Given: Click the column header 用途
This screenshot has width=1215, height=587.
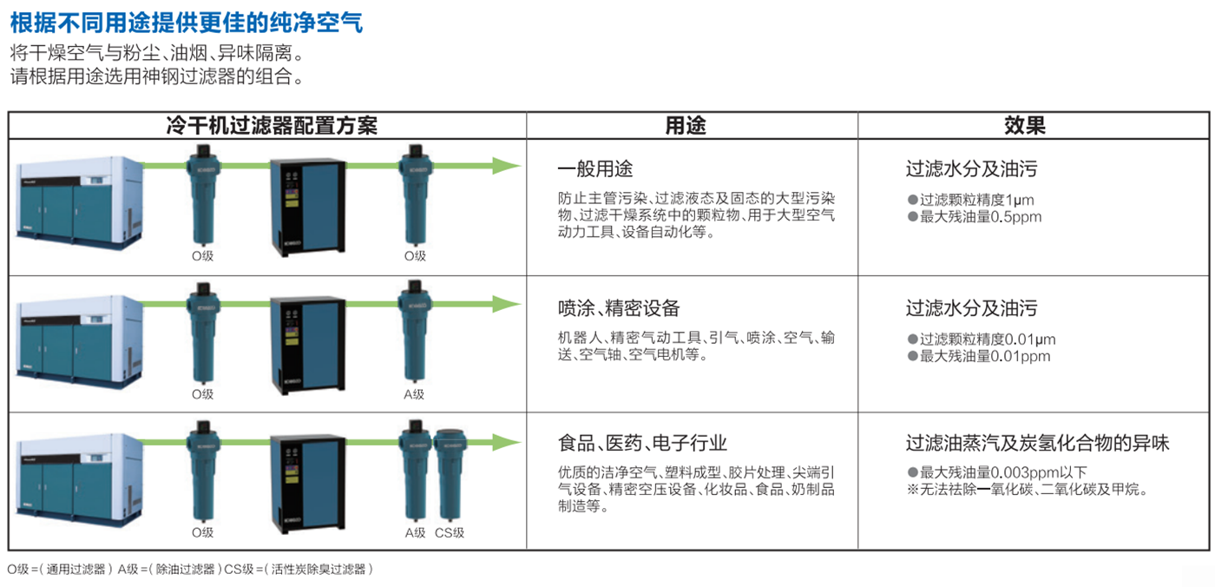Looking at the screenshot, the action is pyautogui.click(x=686, y=125).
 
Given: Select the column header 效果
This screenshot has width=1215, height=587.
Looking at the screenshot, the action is pyautogui.click(x=1025, y=125).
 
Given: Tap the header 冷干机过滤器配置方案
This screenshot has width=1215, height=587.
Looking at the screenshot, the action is pyautogui.click(x=272, y=125).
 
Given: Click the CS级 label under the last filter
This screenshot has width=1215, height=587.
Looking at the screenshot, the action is pyautogui.click(x=450, y=533).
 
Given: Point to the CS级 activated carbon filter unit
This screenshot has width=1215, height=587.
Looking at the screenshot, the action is pyautogui.click(x=450, y=473).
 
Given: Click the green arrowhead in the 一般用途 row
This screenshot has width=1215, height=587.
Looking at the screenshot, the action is pyautogui.click(x=506, y=166).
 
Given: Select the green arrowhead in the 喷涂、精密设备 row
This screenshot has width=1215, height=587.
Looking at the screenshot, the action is pyautogui.click(x=506, y=304).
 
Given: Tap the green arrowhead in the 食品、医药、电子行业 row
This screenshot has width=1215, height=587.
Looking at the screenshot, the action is pyautogui.click(x=506, y=442).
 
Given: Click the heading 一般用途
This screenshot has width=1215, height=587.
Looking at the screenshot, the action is pyautogui.click(x=595, y=168).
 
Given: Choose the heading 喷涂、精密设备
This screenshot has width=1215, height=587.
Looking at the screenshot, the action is pyautogui.click(x=618, y=308).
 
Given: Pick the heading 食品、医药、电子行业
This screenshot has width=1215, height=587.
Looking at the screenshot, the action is pyautogui.click(x=642, y=443).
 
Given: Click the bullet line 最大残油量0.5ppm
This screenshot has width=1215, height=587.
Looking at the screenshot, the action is pyautogui.click(x=975, y=217).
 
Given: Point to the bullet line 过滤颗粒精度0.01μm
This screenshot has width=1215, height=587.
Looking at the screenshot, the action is pyautogui.click(x=982, y=340).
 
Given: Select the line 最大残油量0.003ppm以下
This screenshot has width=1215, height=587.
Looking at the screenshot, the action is pyautogui.click(x=997, y=472).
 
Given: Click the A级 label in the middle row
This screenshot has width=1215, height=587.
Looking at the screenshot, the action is pyautogui.click(x=414, y=394).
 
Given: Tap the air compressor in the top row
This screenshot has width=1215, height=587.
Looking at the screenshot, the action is pyautogui.click(x=80, y=201).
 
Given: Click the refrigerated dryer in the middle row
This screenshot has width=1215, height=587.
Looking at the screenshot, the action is pyautogui.click(x=307, y=344).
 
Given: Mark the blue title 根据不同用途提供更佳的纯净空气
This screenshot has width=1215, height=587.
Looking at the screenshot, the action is pyautogui.click(x=186, y=23).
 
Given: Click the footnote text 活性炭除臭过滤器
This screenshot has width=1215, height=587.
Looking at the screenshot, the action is pyautogui.click(x=319, y=569).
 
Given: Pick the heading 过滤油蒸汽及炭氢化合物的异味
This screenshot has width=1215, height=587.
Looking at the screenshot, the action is pyautogui.click(x=1037, y=443).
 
